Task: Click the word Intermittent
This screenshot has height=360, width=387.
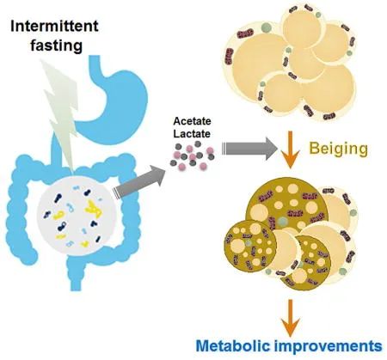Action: [54, 27]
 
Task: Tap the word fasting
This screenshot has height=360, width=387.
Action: [57, 46]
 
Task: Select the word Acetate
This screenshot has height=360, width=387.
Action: [192, 121]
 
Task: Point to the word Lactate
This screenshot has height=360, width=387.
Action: [192, 134]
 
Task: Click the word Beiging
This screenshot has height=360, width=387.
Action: [339, 149]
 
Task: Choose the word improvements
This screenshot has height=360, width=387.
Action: [329, 346]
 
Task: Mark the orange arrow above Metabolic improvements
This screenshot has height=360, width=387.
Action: [291, 318]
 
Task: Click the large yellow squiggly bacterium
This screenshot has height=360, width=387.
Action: [94, 210]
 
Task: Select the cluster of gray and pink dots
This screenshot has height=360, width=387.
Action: [192, 156]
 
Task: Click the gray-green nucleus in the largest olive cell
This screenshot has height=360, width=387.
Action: [283, 222]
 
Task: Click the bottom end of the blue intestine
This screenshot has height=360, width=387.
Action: [76, 289]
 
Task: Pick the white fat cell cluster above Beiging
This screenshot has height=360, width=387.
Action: [289, 64]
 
